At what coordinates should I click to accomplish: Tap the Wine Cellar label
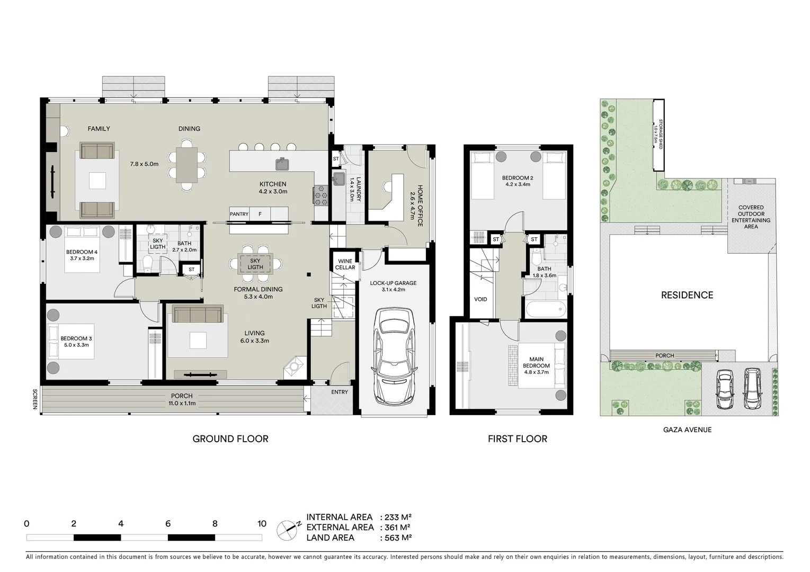pos(345,264)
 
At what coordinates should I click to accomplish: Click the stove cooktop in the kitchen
pos(321,195)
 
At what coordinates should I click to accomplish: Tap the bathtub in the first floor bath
pos(545,308)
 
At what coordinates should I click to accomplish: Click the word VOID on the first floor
pos(480,299)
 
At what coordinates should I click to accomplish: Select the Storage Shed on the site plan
pos(658,136)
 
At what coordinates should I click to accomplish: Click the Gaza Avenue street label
pos(687,430)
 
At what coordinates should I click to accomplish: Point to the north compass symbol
pos(288,528)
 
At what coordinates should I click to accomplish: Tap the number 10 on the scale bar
pos(262,524)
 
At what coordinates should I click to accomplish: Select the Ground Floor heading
pos(230,439)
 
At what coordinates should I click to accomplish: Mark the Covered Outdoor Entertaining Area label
pos(751,217)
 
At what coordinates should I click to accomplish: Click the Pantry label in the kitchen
pos(239,214)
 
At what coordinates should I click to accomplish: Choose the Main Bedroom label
pos(536,362)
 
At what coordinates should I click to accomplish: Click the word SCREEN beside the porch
pos(35,399)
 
